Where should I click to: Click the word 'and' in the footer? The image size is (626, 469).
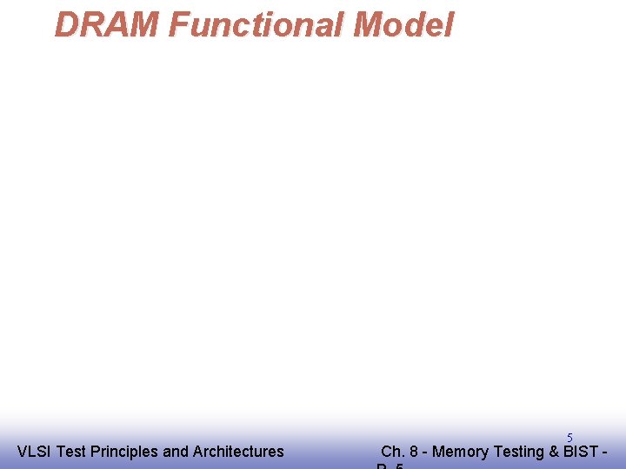pyautogui.click(x=176, y=452)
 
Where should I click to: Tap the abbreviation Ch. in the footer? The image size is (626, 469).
pyautogui.click(x=393, y=452)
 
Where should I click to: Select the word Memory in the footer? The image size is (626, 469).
pyautogui.click(x=460, y=452)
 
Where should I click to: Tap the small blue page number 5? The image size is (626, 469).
pyautogui.click(x=569, y=438)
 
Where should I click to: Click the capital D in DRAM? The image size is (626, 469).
pyautogui.click(x=66, y=25)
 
